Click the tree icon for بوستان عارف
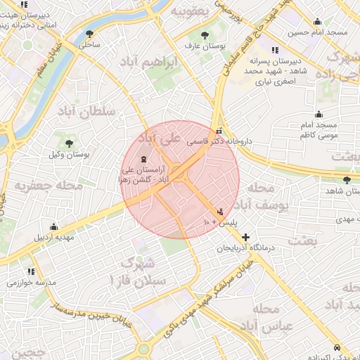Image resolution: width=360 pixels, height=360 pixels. click(x=205, y=34)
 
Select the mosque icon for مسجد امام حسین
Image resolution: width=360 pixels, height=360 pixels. click(x=317, y=21)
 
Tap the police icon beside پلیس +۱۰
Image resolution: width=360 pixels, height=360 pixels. click(x=221, y=212)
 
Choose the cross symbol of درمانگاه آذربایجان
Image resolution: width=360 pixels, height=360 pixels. click(x=245, y=237)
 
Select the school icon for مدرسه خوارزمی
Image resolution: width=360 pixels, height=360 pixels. click(x=31, y=271)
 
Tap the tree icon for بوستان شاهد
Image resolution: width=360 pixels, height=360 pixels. click(x=346, y=180)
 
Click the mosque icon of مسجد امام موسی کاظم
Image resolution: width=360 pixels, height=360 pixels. click(x=319, y=114)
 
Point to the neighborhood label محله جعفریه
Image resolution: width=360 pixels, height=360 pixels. click(x=53, y=186)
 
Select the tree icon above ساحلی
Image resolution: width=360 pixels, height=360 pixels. click(x=89, y=33)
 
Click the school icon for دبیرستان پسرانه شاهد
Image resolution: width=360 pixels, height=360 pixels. click(x=274, y=51)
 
